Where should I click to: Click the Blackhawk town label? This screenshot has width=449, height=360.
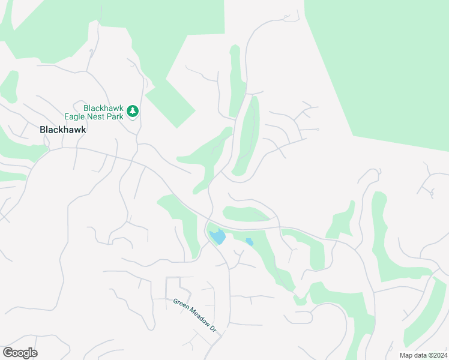(63, 129)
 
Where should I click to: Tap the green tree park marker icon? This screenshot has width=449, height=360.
(133, 112)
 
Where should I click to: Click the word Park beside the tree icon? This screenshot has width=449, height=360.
(116, 116)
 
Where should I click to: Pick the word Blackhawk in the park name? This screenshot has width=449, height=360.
(104, 108)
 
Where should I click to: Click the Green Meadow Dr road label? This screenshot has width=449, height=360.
(195, 316)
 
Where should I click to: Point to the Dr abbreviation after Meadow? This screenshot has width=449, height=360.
(212, 329)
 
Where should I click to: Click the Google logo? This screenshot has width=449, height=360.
(20, 353)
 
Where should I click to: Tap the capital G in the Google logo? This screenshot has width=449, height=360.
(8, 353)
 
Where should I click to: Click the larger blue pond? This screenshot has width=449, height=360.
(217, 236)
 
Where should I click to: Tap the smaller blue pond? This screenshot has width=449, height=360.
(249, 242)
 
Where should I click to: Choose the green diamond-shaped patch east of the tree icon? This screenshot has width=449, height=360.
(169, 102)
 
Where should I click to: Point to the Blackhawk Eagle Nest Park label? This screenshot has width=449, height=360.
(103, 112)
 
